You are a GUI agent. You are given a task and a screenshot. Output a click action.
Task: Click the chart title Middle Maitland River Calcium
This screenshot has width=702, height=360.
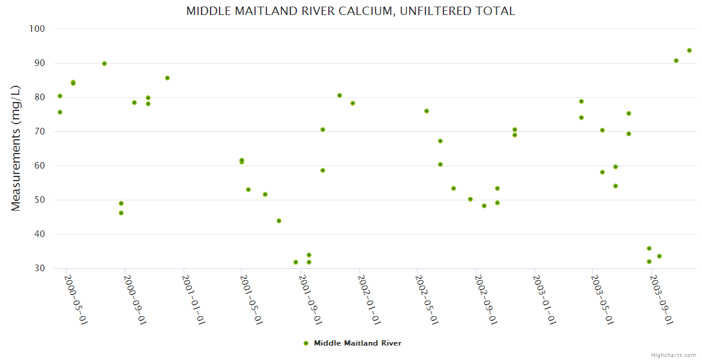350,11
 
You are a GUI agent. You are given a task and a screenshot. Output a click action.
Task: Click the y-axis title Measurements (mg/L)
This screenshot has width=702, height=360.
16,148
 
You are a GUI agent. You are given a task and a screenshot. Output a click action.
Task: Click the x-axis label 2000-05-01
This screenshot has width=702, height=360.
76,299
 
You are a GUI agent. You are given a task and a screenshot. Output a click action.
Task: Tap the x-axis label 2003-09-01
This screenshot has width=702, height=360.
661,299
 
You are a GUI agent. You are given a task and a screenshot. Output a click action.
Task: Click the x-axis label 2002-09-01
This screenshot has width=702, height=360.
485,299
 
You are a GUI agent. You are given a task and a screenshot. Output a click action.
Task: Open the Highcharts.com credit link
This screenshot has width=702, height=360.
673,355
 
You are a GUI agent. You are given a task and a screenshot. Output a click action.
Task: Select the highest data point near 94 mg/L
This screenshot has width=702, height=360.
689,50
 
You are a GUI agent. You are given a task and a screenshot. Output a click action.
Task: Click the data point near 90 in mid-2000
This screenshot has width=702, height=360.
104,64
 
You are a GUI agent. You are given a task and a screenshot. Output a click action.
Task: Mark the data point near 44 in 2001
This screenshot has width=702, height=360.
279,221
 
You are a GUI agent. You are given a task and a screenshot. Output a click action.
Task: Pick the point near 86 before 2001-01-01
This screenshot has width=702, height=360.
167,78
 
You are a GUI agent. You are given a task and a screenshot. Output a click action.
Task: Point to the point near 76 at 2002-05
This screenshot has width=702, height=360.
427,111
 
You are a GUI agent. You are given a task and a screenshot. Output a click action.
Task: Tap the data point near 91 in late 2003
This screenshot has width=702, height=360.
676,61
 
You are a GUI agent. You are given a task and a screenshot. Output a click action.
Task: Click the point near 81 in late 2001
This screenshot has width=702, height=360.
340,95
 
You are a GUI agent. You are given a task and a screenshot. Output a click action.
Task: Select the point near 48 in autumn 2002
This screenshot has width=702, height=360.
484,206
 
